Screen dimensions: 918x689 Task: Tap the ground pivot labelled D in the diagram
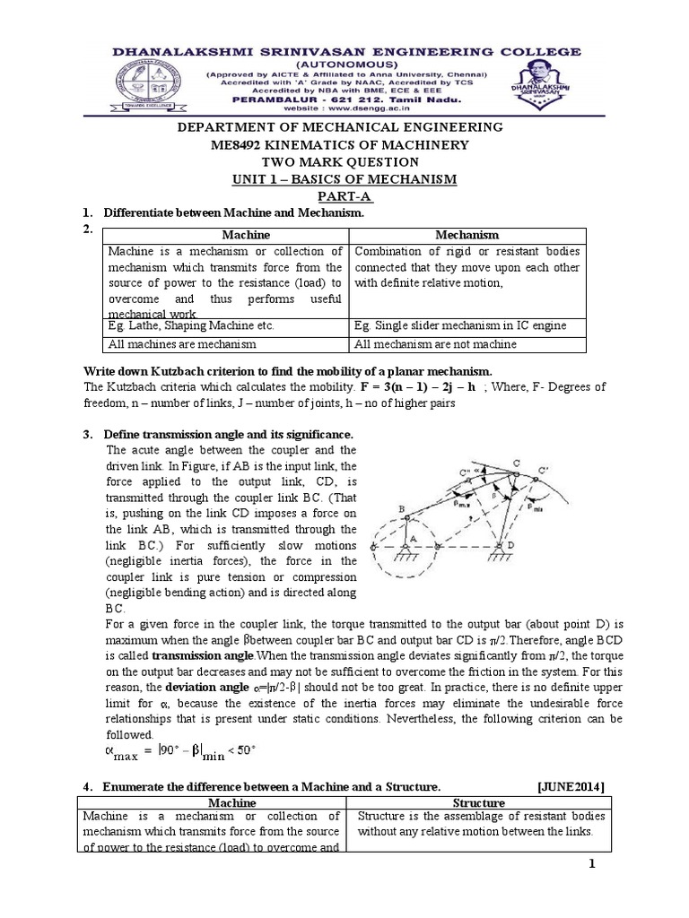click(536, 546)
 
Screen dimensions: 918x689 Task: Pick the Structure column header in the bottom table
click(480, 802)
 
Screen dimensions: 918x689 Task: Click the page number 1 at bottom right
click(592, 863)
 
